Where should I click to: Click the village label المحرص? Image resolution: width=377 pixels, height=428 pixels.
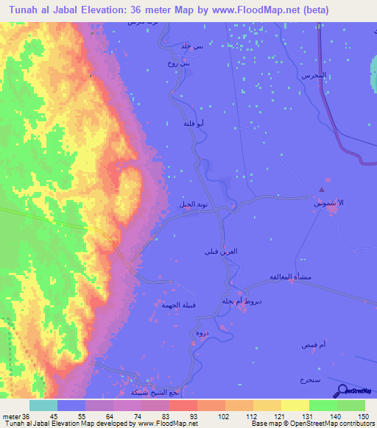(x=312, y=76)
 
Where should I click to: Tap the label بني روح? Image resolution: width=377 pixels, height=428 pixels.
(x=190, y=63)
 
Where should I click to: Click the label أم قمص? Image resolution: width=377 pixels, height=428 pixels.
(x=311, y=345)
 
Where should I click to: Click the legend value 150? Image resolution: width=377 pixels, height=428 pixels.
(x=352, y=418)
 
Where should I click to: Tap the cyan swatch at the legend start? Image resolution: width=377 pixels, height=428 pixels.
(x=43, y=405)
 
